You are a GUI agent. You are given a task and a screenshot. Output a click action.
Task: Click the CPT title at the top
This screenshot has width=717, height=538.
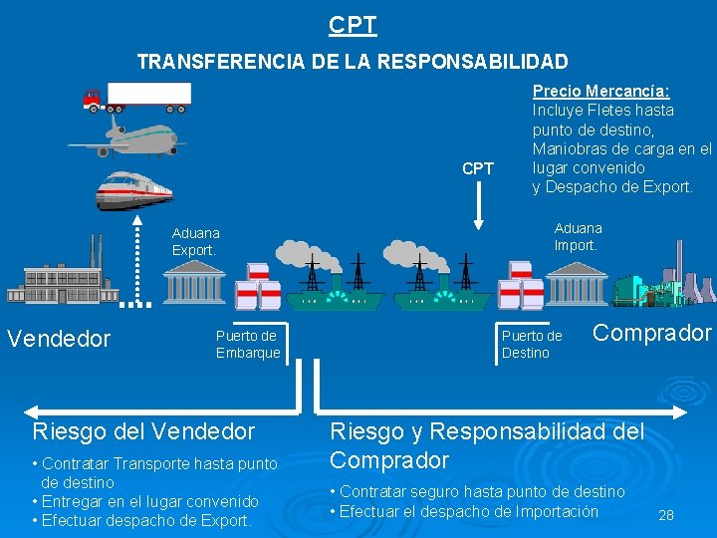[x=353, y=24]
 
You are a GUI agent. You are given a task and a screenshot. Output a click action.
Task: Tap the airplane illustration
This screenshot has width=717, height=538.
[x=139, y=137]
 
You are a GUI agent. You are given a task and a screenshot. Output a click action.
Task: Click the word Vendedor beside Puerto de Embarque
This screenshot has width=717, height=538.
[x=59, y=339]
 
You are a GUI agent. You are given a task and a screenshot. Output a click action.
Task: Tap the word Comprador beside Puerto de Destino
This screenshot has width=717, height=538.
[x=652, y=333]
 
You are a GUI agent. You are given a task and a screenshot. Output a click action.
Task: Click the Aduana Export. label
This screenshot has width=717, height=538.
[x=194, y=241]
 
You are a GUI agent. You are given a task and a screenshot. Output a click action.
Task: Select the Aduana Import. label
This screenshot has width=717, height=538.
[x=578, y=237]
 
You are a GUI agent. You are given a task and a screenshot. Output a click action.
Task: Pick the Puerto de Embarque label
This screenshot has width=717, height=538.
[x=248, y=345]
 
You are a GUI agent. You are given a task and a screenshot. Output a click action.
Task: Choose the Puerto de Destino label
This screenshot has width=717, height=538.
[x=532, y=345]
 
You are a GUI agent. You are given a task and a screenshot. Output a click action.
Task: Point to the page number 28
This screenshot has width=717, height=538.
[x=666, y=515]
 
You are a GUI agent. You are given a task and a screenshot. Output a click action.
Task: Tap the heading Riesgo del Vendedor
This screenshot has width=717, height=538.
[x=143, y=431]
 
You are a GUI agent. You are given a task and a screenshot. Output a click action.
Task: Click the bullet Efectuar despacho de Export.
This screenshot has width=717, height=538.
[x=141, y=520]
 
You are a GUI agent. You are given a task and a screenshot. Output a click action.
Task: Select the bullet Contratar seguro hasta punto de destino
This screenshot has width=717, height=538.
[x=477, y=491]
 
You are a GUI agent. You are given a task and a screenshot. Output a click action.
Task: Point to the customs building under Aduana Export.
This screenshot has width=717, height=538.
[x=195, y=287]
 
